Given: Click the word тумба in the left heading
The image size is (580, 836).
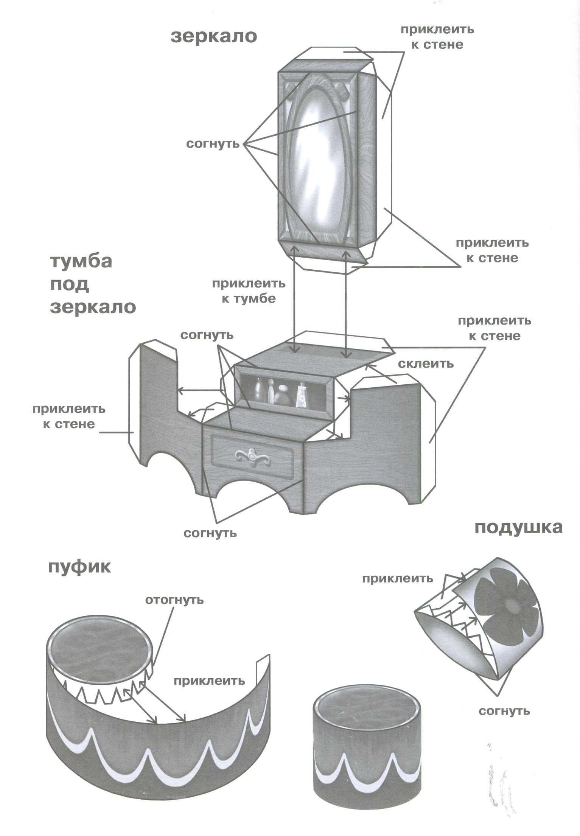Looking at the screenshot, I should tap(81, 261).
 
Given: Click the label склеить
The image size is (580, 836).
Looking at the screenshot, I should tap(426, 364).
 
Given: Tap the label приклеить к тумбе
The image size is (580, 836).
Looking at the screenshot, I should tap(249, 291).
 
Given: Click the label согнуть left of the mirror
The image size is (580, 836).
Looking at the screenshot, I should tap(213, 144).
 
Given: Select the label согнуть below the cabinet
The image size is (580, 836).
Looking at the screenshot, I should tap(210, 533).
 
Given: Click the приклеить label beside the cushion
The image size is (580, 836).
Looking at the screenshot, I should tap(397, 578).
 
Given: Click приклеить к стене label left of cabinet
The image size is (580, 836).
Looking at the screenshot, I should tap(69, 416).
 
